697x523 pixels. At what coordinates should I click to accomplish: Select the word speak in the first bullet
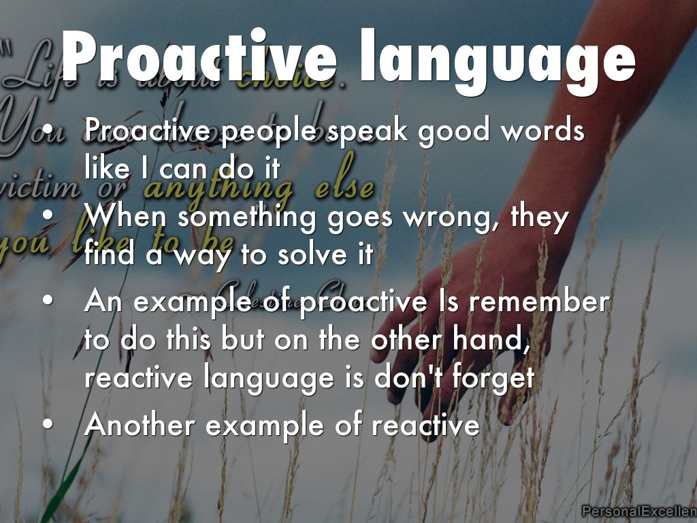click(x=365, y=130)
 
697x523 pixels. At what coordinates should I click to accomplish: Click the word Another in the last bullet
click(x=140, y=426)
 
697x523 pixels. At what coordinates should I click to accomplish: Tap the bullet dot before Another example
click(x=47, y=425)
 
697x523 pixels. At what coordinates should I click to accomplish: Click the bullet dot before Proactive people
click(x=47, y=130)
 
